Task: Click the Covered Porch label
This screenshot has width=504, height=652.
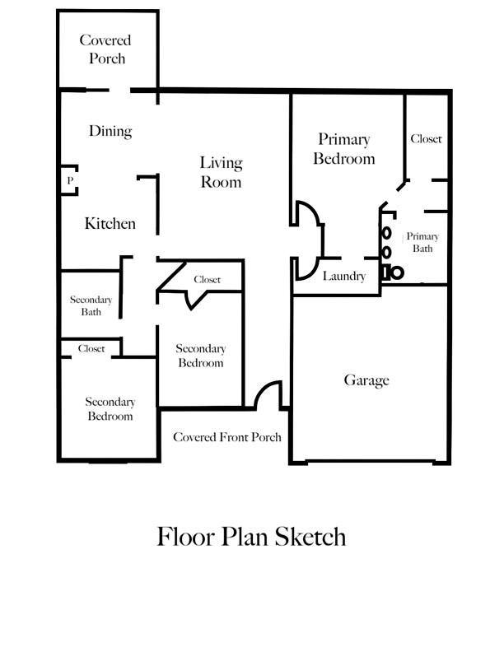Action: (105, 49)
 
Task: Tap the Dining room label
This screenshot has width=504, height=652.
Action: (110, 131)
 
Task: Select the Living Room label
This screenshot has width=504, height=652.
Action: (221, 172)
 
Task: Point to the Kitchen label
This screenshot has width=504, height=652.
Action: (110, 224)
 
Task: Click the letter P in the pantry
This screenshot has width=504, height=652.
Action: (70, 180)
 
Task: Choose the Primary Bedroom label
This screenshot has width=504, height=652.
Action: (344, 149)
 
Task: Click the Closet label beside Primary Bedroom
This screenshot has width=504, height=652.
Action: (426, 139)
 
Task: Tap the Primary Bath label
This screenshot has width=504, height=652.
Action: (422, 242)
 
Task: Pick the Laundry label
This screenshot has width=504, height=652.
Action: (344, 276)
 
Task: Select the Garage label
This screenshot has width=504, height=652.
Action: (366, 380)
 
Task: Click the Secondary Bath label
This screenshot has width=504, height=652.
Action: (91, 305)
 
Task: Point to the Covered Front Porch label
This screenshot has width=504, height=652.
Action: (227, 437)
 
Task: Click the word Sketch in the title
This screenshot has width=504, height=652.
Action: (310, 537)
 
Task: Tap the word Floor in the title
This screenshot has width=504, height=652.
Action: (186, 537)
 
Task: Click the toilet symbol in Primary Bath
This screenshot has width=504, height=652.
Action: (393, 272)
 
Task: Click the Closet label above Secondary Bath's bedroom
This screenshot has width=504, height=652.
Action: (91, 348)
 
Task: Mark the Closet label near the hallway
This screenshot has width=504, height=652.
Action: (207, 279)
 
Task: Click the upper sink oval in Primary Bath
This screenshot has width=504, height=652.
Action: (387, 233)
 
